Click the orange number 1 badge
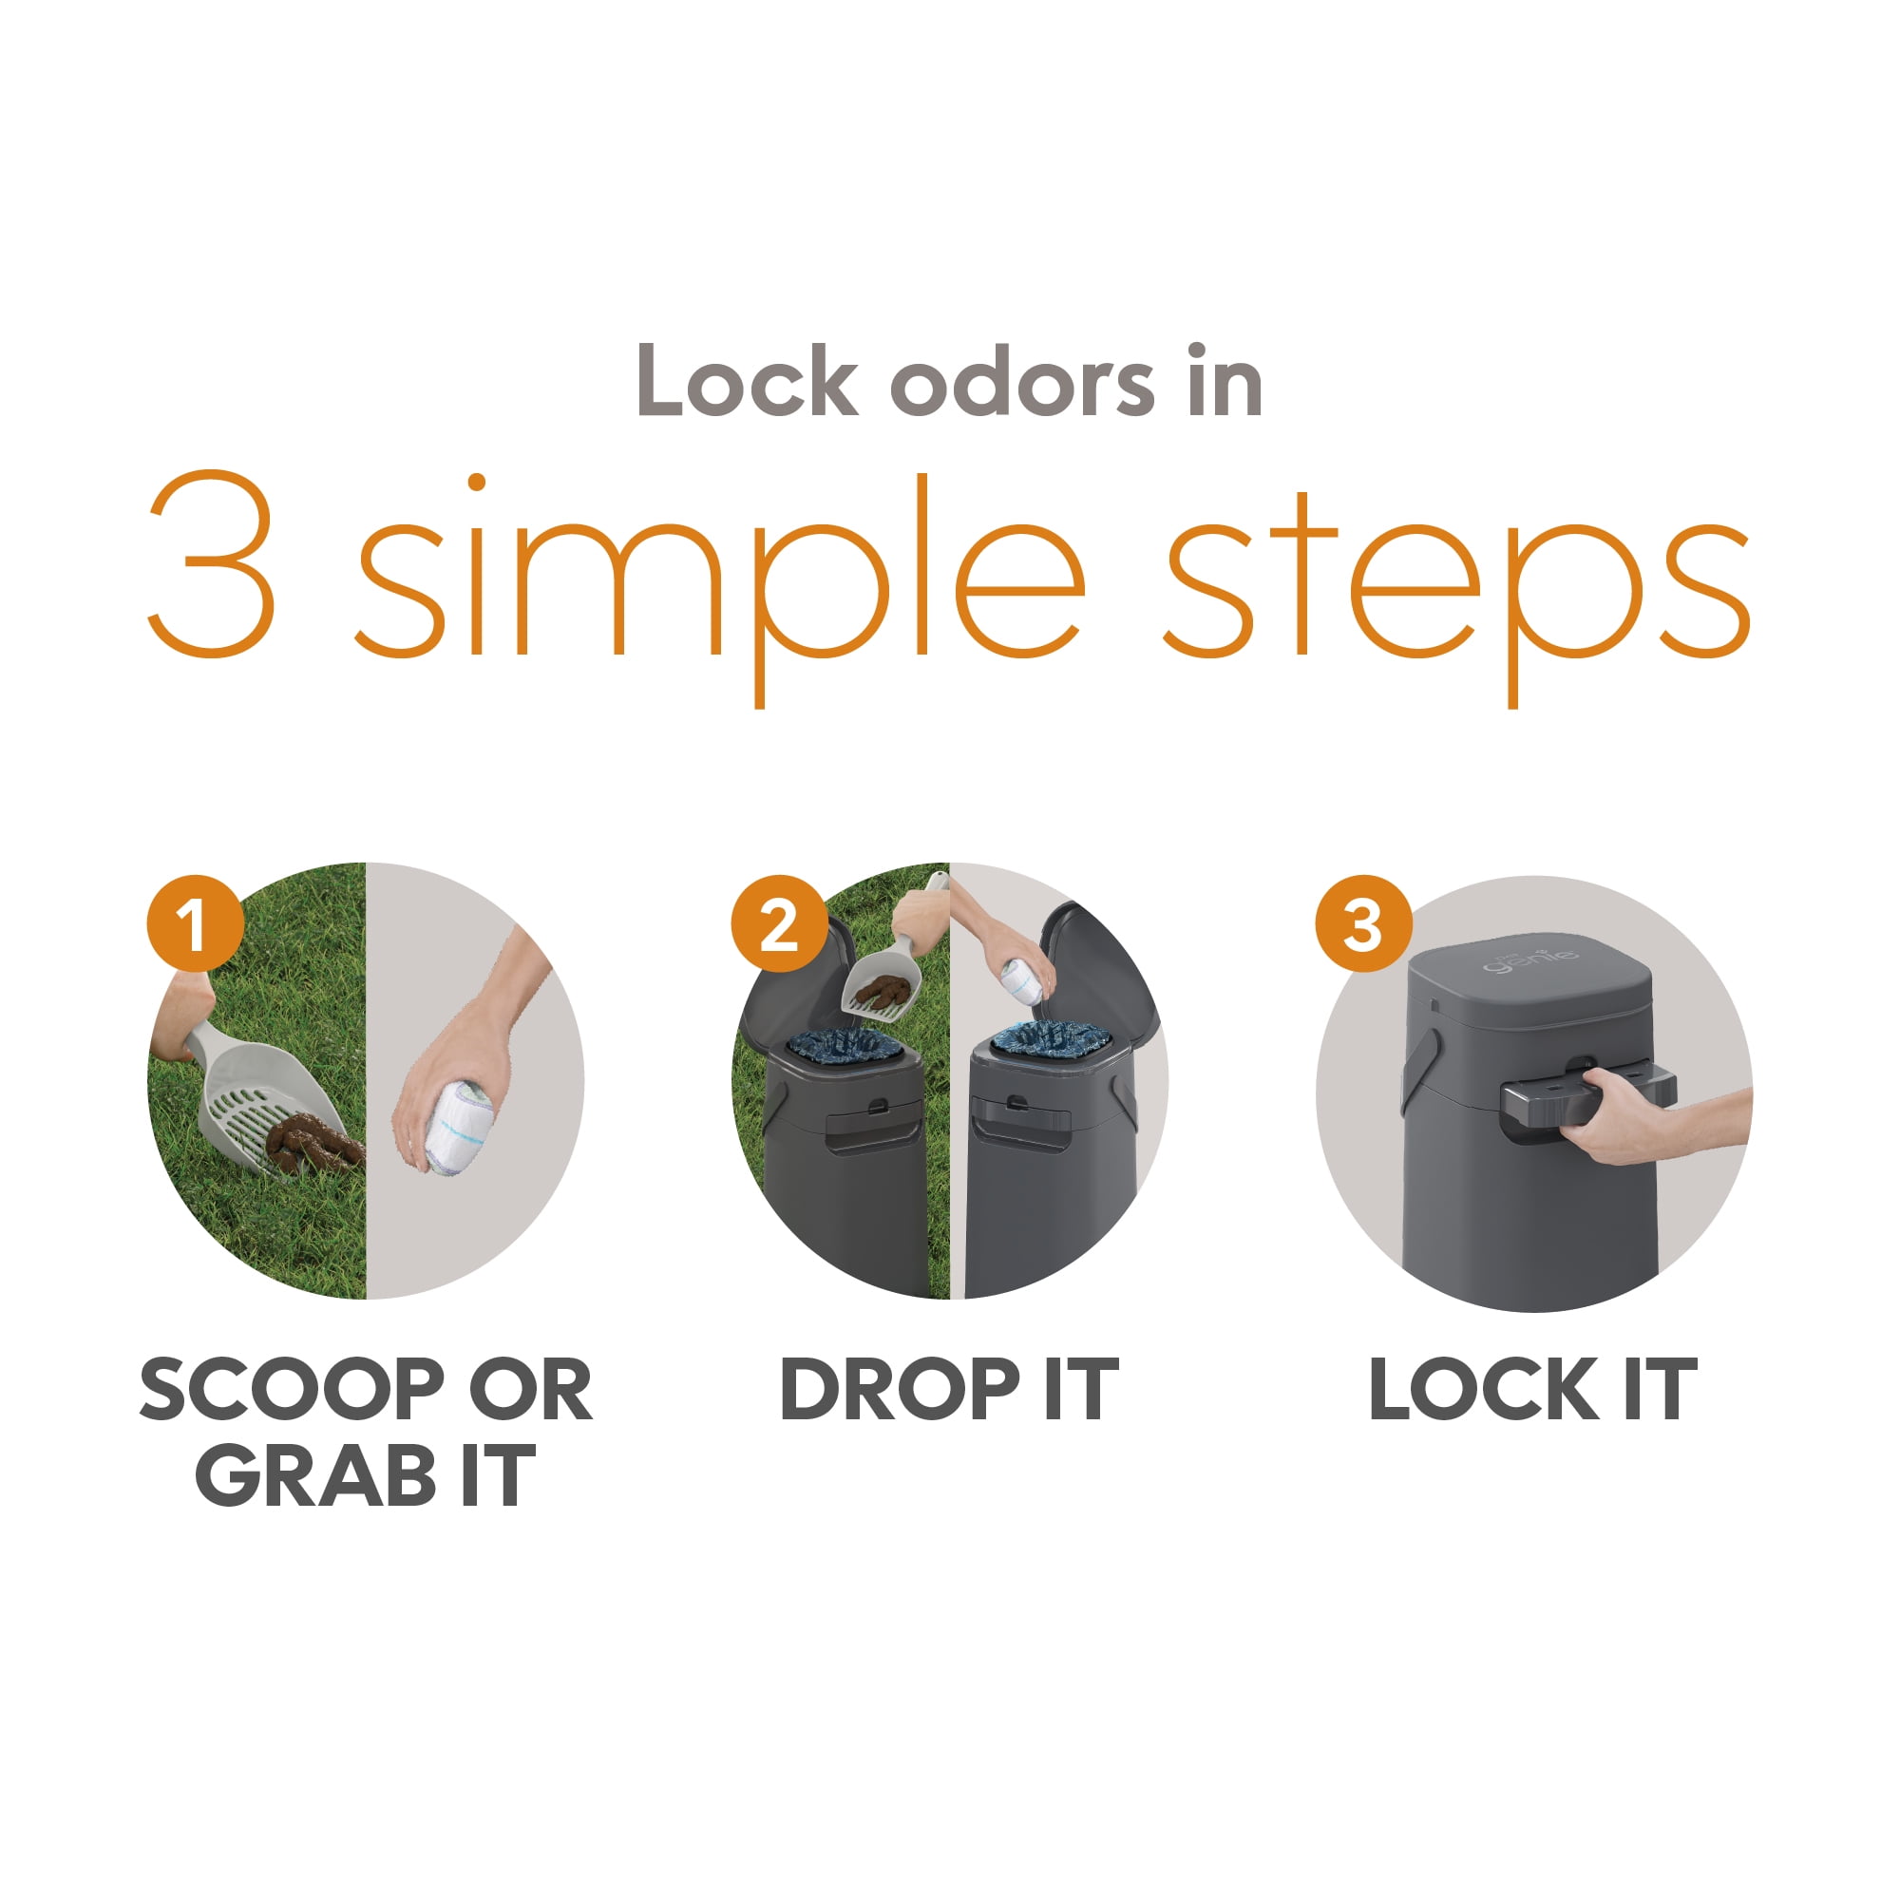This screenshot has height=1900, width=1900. (x=195, y=923)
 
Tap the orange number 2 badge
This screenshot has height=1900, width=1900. (x=779, y=923)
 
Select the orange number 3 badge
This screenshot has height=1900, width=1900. (x=1363, y=923)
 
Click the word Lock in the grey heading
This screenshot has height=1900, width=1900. (x=747, y=384)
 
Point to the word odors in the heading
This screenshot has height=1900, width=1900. (x=1022, y=384)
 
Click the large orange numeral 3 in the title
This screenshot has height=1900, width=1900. (x=212, y=565)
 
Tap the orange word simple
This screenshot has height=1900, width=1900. (x=718, y=570)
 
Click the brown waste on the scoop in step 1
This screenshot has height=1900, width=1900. (x=313, y=1141)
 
